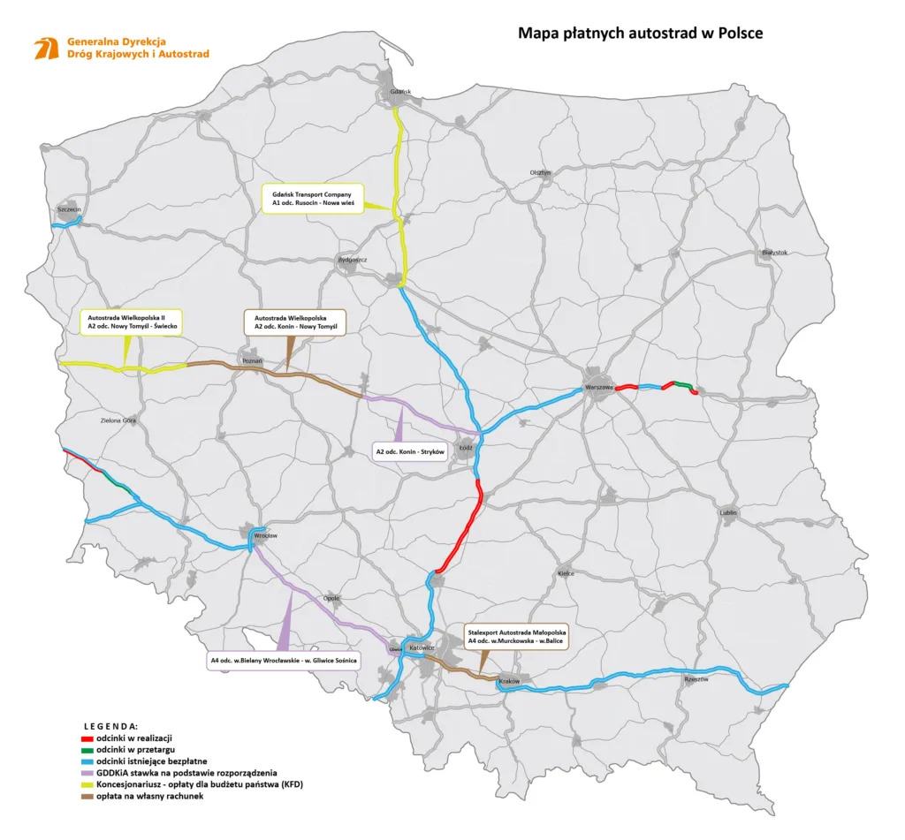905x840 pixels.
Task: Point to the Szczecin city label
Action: (x=69, y=209)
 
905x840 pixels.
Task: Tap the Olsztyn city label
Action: (x=540, y=172)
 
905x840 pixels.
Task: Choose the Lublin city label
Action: (x=728, y=512)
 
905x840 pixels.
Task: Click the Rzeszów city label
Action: (x=696, y=678)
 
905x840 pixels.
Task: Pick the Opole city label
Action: (x=331, y=596)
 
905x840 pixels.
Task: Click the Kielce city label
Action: (x=566, y=572)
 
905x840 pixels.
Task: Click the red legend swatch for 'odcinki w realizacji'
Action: (x=81, y=737)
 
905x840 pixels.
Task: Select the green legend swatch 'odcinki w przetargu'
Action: (x=81, y=749)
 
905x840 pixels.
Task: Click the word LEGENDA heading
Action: (x=110, y=724)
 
